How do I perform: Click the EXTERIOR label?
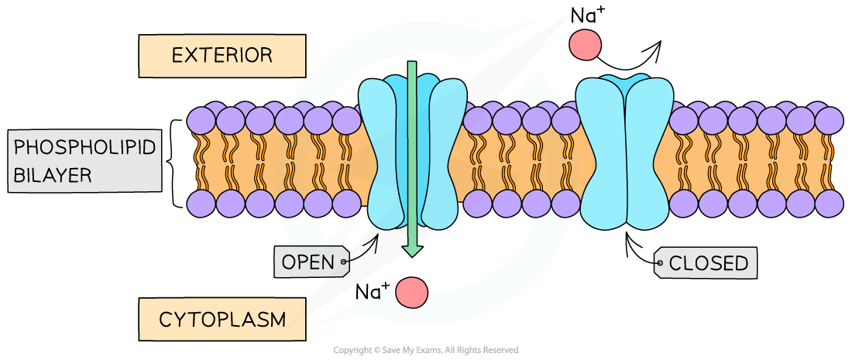pyautogui.click(x=222, y=56)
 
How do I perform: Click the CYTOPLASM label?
pyautogui.click(x=222, y=319)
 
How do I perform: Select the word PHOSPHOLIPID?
pyautogui.click(x=85, y=146)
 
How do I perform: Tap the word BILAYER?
pyautogui.click(x=53, y=176)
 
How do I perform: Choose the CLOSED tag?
pyautogui.click(x=707, y=263)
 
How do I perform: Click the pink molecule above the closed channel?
pyautogui.click(x=585, y=45)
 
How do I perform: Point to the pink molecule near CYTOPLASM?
pyautogui.click(x=411, y=293)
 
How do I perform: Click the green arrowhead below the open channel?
pyautogui.click(x=412, y=249)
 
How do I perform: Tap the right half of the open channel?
pyautogui.click(x=443, y=155)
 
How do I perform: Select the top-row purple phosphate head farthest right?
pyautogui.click(x=829, y=120)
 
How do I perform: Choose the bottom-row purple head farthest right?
pyautogui.click(x=829, y=204)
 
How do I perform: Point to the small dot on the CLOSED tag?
pyautogui.click(x=660, y=263)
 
